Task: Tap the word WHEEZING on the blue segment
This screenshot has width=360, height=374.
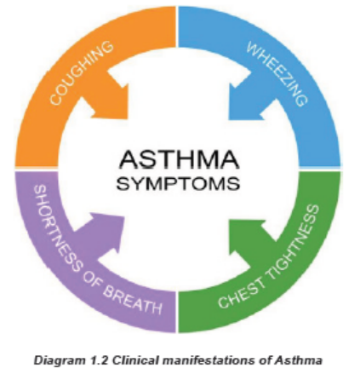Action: click(x=277, y=74)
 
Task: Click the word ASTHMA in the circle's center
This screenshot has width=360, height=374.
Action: click(x=180, y=159)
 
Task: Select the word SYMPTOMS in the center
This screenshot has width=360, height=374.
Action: click(x=179, y=183)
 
